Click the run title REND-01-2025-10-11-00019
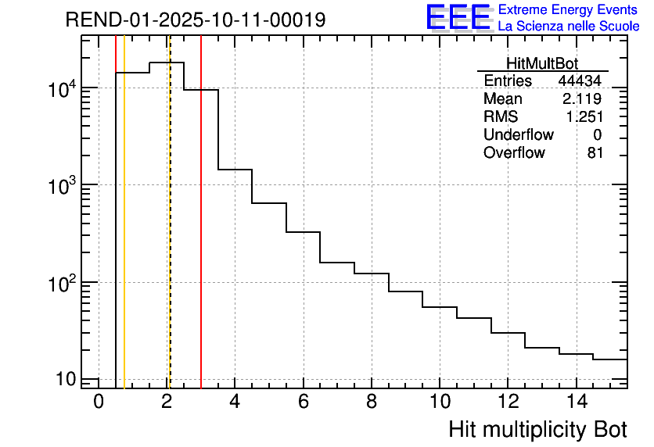[x=196, y=20]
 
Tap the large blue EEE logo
[x=458, y=17]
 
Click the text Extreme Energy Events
[x=569, y=10]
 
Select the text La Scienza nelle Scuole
[x=569, y=27]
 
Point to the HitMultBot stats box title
[x=542, y=64]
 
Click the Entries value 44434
[x=580, y=81]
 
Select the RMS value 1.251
[x=584, y=117]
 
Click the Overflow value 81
[x=595, y=153]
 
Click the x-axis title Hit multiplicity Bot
[x=537, y=430]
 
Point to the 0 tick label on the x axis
[x=99, y=402]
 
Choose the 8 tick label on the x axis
[x=372, y=402]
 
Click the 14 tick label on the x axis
[x=576, y=402]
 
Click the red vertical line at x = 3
[x=201, y=234]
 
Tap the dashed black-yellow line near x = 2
[x=169, y=234]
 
